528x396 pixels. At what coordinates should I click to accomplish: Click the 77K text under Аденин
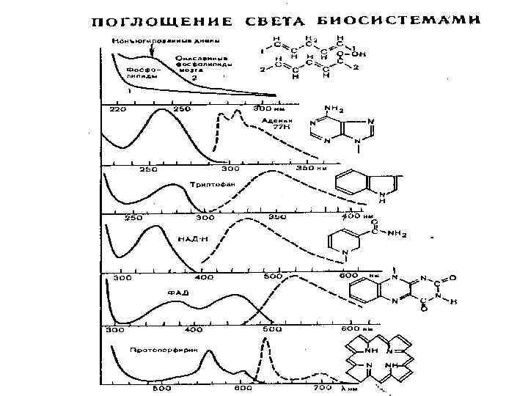tap(281, 128)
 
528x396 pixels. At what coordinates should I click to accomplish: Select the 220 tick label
tap(117, 109)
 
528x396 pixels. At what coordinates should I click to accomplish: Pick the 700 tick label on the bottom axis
tap(320, 387)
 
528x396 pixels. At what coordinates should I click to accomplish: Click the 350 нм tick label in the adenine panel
tap(307, 168)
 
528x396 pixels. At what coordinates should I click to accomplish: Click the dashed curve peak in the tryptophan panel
tap(273, 172)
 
